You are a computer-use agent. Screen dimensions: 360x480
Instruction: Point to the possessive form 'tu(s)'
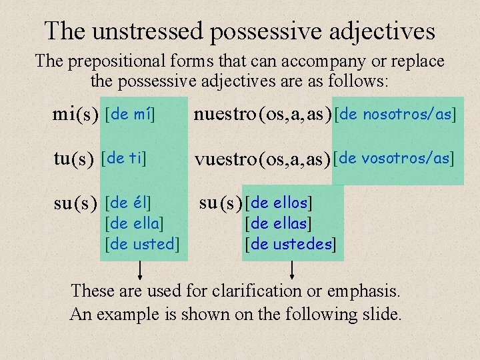pyautogui.click(x=73, y=159)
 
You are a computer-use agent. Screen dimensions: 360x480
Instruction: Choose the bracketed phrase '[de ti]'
pyautogui.click(x=123, y=158)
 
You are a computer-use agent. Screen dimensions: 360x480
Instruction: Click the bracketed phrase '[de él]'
pyautogui.click(x=129, y=201)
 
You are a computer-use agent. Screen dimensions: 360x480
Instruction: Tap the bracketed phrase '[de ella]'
pyautogui.click(x=135, y=222)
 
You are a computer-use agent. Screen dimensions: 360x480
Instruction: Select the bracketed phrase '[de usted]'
pyautogui.click(x=143, y=244)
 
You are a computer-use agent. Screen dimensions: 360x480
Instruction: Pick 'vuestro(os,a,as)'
pyautogui.click(x=263, y=159)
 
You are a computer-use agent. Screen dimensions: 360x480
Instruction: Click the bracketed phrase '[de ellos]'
pyautogui.click(x=279, y=201)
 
